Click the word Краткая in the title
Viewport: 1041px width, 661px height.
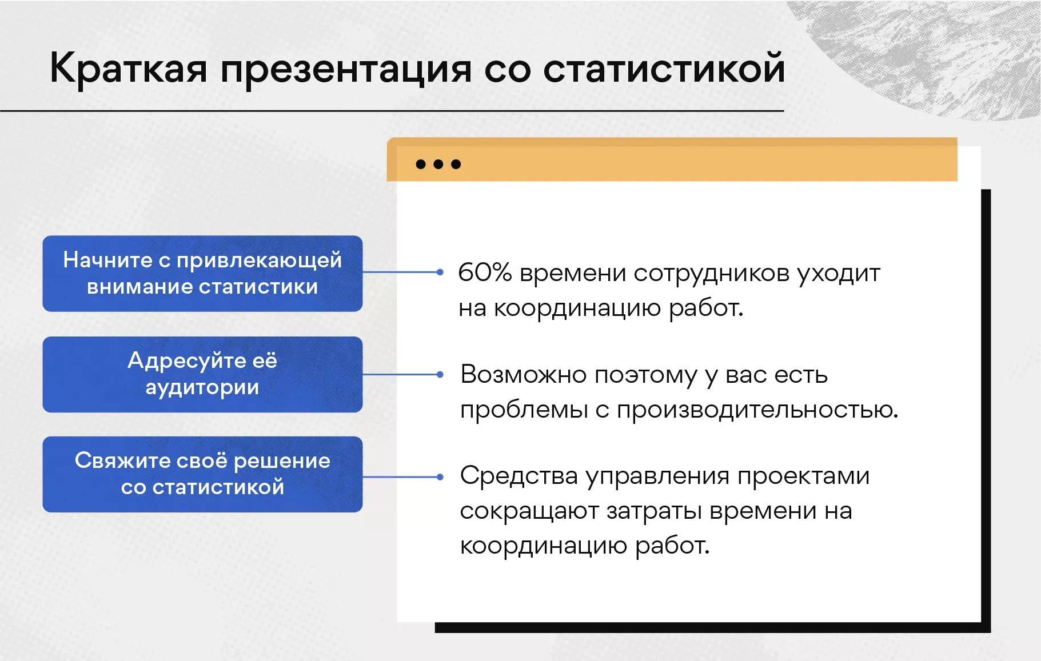(128, 68)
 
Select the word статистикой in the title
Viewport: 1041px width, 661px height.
(664, 68)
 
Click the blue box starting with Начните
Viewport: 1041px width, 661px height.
(202, 274)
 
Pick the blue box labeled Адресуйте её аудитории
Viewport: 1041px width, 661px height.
(202, 375)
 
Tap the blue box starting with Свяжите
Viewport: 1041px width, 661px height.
(202, 474)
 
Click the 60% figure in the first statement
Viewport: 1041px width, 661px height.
(484, 273)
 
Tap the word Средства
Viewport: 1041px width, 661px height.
(518, 476)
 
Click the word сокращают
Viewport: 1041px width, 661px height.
(529, 512)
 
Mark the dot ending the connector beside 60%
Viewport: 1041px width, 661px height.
(440, 273)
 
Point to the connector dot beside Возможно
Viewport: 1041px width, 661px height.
(440, 375)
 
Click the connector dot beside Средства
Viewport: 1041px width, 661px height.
(440, 476)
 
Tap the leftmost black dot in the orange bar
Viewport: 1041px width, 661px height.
(421, 165)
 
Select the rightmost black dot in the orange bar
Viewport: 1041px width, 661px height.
(456, 165)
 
